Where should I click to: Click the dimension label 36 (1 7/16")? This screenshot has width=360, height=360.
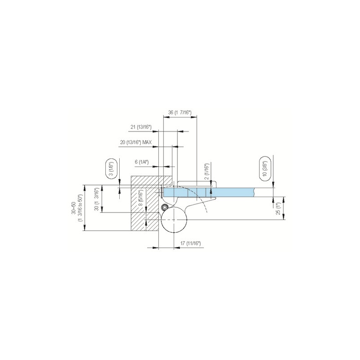(x=180, y=112)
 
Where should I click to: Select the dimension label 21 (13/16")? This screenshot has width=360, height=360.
(x=141, y=127)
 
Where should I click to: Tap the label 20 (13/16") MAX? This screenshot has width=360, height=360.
(x=136, y=142)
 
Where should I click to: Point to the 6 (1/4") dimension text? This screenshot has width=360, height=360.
(x=142, y=162)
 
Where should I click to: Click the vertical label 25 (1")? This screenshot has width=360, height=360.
(x=278, y=208)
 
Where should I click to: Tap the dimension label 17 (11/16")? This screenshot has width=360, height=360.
(x=190, y=243)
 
